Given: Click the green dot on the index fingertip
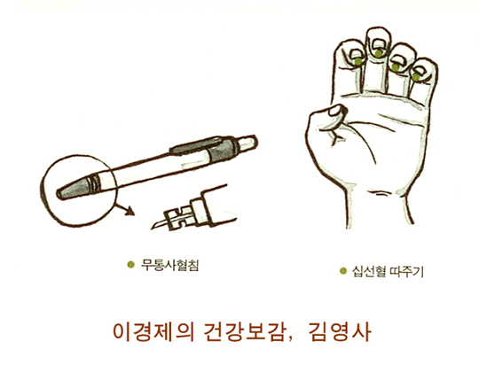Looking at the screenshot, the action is [358, 61].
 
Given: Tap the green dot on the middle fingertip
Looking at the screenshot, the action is [379, 53].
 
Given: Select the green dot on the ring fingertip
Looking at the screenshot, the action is [396, 67].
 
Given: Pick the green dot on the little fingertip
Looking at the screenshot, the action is [415, 77].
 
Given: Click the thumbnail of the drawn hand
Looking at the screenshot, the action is [337, 110].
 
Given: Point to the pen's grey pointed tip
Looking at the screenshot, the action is [72, 189].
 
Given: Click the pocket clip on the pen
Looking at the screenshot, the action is [196, 145].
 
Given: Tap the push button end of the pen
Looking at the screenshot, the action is [247, 143].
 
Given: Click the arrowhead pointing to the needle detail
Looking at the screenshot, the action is [130, 211].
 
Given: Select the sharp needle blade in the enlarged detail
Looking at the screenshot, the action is [160, 225].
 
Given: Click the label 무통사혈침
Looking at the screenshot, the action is [169, 265].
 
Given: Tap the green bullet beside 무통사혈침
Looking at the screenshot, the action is [130, 264].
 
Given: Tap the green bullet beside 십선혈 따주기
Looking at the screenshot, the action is [343, 271].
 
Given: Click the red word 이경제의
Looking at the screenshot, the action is [153, 332].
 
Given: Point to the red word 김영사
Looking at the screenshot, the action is [340, 332].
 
